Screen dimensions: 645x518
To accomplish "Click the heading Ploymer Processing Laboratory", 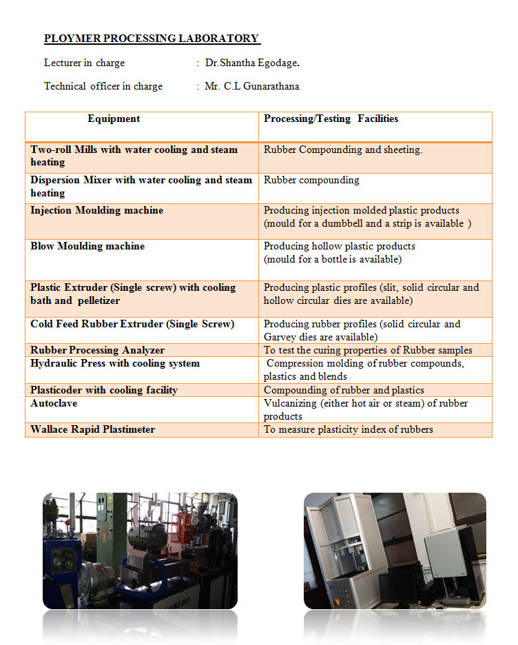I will pos(152,39).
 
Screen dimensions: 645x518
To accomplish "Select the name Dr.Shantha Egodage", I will pos(252,63).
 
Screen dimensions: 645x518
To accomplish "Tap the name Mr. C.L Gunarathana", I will pos(251,86).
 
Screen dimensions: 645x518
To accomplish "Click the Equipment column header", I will pos(114,119).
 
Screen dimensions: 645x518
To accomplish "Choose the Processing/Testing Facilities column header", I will pos(331,119).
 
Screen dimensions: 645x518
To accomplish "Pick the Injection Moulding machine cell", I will pos(97,210).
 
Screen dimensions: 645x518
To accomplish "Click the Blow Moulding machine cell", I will pos(87,246).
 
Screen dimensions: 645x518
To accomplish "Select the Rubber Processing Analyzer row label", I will pos(97,350).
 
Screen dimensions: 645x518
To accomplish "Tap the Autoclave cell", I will pos(54,403).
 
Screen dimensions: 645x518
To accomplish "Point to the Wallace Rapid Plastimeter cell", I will pos(93,429).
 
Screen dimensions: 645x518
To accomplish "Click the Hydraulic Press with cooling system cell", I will pos(115,363).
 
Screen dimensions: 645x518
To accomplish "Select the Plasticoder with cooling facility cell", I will pos(104,390).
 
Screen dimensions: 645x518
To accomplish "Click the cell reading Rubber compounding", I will pos(311,180).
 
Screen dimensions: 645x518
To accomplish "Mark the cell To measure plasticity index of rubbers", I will pos(349,429).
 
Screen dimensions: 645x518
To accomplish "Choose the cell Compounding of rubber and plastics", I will pos(344,390).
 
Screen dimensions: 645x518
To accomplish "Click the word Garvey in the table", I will pos(280,337).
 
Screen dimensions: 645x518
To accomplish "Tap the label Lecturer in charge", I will pos(85,63).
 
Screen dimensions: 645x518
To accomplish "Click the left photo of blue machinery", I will pos(140,551).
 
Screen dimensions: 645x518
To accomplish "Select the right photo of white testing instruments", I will pos(395,551).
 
